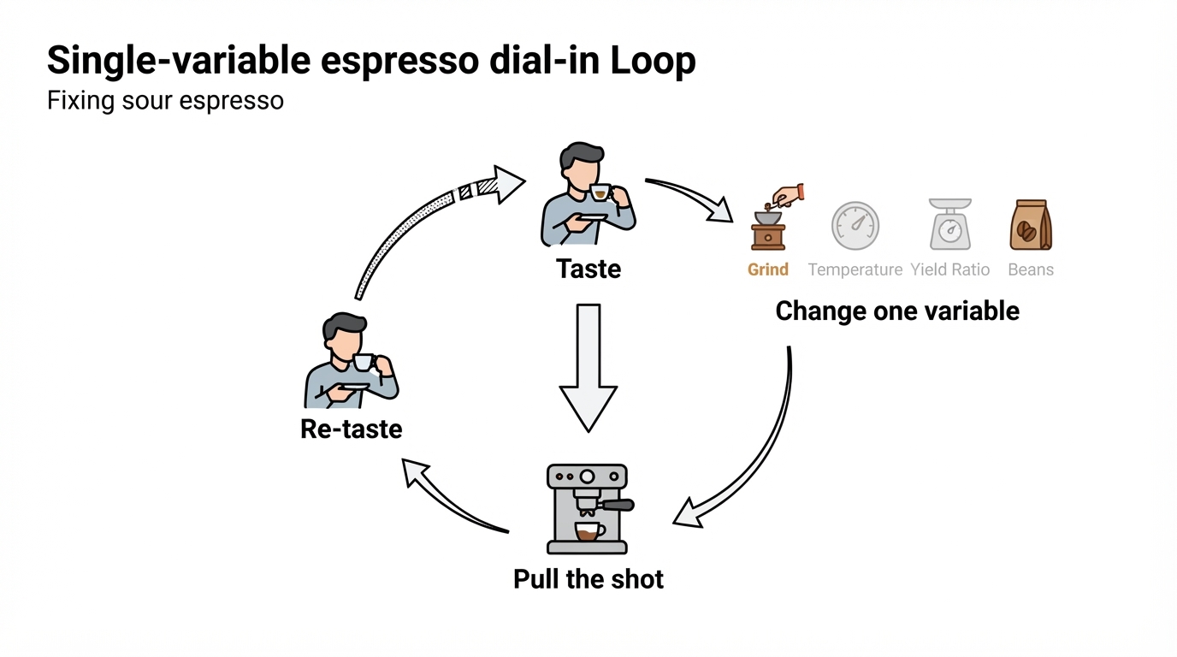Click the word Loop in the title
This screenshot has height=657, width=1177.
654,61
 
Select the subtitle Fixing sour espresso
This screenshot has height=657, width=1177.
166,100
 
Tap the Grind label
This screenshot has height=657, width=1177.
767,269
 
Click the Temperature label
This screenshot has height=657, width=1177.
855,269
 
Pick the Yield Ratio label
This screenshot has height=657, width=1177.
950,269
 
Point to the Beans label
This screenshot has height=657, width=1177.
1031,269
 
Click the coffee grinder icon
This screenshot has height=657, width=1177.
776,217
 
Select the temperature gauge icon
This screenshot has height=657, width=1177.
855,226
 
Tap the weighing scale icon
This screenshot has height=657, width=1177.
950,224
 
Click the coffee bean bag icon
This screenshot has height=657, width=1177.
1031,225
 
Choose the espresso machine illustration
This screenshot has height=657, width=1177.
589,509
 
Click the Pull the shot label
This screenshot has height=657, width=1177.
588,579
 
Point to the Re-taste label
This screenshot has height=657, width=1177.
351,429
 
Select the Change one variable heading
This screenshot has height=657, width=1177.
897,311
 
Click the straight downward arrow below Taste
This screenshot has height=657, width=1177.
588,368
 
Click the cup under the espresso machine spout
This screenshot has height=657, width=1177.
589,531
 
